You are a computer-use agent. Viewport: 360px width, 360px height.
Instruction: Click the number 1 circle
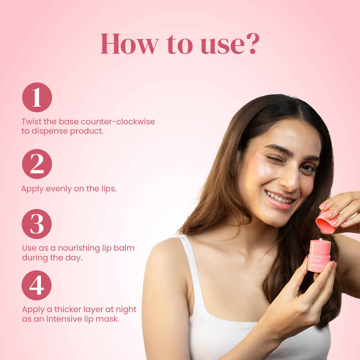click(x=37, y=97)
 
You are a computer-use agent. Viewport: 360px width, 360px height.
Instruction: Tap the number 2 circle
click(x=37, y=164)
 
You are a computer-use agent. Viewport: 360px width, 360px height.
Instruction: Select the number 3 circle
click(x=37, y=224)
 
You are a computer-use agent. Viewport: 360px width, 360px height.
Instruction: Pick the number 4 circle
click(x=36, y=285)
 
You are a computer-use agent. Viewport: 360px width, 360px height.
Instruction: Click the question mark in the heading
click(x=252, y=44)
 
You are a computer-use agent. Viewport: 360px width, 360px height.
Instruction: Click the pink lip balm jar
click(x=319, y=255)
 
